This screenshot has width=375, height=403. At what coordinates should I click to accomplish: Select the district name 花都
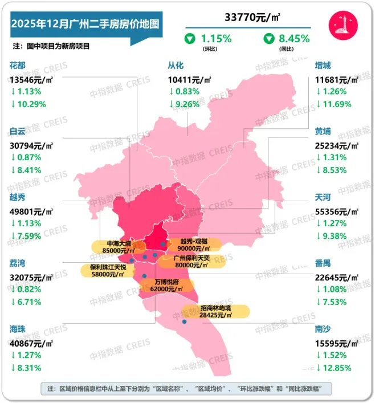click(18, 66)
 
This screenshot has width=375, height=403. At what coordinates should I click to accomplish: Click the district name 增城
click(323, 66)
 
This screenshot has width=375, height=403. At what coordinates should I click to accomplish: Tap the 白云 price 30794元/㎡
click(31, 144)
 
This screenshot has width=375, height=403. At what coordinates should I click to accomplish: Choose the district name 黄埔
click(323, 131)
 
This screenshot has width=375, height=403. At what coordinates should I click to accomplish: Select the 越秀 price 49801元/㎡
click(31, 210)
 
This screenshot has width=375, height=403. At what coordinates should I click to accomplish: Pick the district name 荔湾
click(18, 264)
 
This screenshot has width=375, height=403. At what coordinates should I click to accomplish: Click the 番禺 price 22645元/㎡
click(337, 278)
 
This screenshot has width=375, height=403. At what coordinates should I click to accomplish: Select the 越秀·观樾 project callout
click(194, 245)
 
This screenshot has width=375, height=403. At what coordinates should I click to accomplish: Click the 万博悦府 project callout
click(166, 285)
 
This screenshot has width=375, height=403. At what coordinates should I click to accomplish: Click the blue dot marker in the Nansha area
click(185, 322)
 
